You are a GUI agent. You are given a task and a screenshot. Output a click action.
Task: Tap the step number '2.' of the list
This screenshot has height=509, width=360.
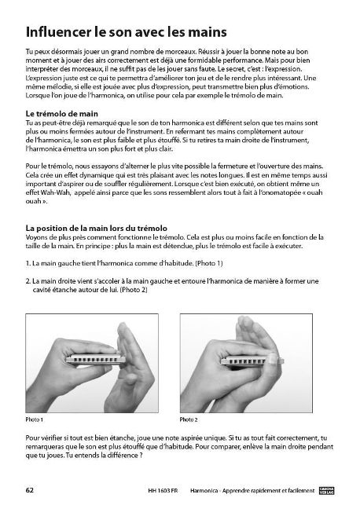pos(28,280)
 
